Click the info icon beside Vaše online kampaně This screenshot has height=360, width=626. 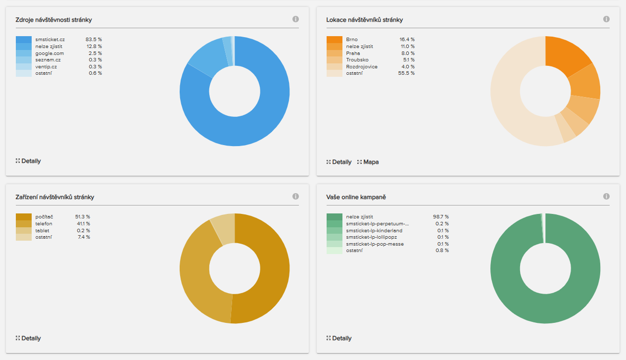[x=606, y=197]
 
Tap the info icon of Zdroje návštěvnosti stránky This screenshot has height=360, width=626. [x=295, y=19]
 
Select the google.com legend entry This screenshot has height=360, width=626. [x=49, y=53]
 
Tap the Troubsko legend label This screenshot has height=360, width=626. [x=357, y=60]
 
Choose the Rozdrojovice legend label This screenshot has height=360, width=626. [x=362, y=66]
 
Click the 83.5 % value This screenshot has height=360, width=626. [x=94, y=39]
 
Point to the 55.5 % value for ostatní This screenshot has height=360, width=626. [x=406, y=73]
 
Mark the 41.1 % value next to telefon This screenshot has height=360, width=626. [x=83, y=224]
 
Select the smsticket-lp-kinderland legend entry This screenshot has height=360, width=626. [x=374, y=230]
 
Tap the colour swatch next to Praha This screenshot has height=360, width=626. [x=335, y=53]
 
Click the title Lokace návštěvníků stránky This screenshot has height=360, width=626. [x=364, y=20]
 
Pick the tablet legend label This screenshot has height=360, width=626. [x=43, y=230]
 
